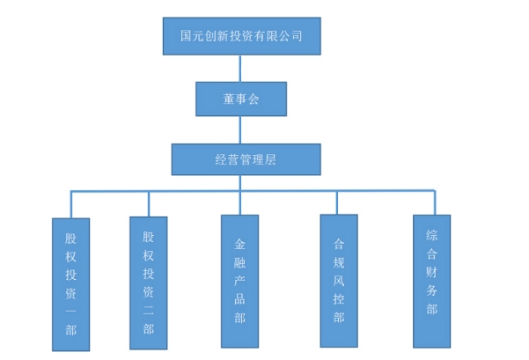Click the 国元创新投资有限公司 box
(241, 36)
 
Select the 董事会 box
(241, 99)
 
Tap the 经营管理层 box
(246, 159)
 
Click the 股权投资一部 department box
(70, 284)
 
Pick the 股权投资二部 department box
(149, 283)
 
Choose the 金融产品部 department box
(240, 281)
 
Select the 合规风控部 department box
(339, 281)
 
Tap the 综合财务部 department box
(431, 281)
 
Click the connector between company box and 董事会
(240, 69)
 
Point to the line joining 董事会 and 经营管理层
(240, 130)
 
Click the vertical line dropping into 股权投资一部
(71, 205)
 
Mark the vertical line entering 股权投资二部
(149, 204)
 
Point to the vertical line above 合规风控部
(336, 202)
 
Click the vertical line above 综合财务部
(435, 202)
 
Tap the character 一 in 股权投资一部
(70, 311)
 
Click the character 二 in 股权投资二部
(149, 312)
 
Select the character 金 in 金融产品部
(240, 244)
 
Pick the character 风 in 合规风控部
(339, 281)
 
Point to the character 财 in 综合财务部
(431, 272)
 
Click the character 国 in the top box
(187, 36)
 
